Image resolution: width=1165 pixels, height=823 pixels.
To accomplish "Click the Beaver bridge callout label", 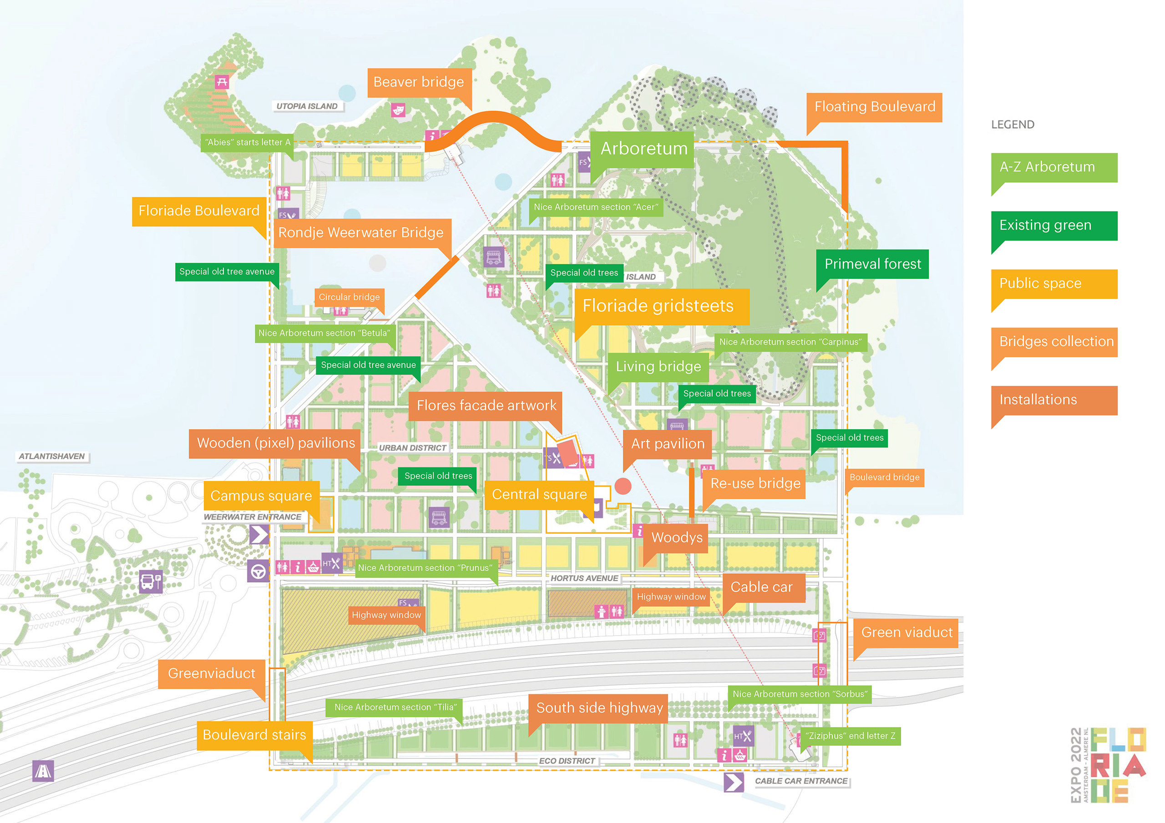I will point(419,82).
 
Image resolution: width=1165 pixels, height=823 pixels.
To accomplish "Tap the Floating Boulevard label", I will point(874,107).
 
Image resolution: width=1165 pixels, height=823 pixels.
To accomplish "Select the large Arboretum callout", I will point(643,149).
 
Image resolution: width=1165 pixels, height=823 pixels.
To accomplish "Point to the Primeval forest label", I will point(872,264).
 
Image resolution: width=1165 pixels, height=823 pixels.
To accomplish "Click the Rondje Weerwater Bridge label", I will point(361,233).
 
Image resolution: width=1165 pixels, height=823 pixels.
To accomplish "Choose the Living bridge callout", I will point(658,366).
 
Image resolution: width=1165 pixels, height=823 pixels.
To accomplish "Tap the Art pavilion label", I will point(667,444).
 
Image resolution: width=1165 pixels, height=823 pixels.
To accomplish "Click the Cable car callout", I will point(761,587).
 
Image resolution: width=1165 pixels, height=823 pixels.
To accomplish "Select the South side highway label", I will point(599,708).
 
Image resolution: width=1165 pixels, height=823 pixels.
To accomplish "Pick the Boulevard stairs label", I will point(254,735).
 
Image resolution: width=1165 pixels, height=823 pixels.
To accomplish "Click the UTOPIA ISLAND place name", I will point(307,106).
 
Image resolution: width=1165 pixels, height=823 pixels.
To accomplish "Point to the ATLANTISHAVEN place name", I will point(52,457).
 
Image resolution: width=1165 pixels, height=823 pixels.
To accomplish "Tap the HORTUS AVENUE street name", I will point(584,578).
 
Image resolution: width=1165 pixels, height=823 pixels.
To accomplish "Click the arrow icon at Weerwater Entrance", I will point(259,534).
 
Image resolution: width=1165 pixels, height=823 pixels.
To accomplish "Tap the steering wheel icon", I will point(258,572).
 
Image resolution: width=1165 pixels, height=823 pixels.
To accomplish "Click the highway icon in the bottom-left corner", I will point(43,771).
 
